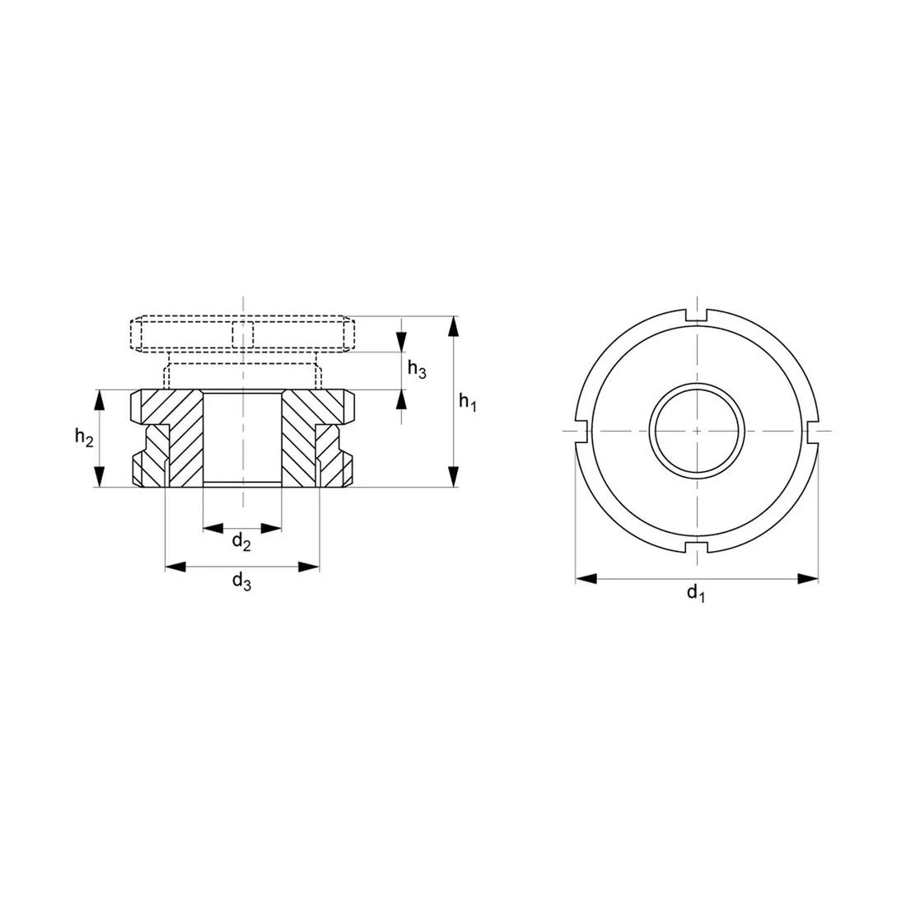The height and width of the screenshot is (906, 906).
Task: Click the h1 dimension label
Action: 468,403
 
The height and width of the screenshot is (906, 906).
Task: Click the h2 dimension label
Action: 83,437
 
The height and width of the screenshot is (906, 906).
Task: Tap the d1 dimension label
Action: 696,592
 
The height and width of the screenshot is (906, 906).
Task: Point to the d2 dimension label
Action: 241,541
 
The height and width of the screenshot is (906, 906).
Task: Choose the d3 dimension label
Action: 241,581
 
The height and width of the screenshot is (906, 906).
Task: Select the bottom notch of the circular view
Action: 697,547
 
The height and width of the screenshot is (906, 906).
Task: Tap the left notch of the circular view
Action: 581,431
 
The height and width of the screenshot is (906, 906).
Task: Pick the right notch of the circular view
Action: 812,431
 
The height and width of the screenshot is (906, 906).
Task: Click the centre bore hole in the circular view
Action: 697,431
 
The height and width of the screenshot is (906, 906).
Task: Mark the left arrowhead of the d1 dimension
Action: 586,579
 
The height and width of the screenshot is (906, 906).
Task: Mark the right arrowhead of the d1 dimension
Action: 809,579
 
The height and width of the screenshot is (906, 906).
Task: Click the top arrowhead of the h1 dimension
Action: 453,326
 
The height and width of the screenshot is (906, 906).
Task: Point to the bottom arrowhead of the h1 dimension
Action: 453,477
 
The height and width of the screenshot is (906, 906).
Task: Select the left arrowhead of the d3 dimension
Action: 175,567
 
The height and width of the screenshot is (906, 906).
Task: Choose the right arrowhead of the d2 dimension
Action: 272,528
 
